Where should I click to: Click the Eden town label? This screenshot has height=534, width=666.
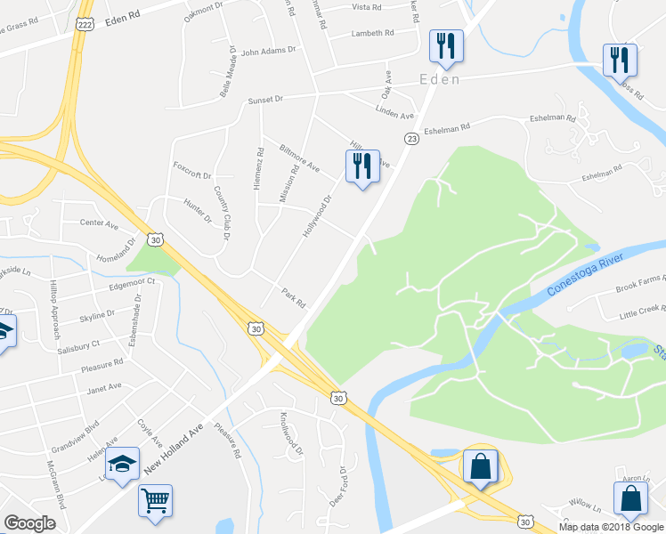pyautogui.click(x=440, y=80)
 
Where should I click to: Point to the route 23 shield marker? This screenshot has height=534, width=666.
pyautogui.click(x=411, y=138)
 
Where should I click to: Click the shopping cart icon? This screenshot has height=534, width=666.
pyautogui.click(x=155, y=500)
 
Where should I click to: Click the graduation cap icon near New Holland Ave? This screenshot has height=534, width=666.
pyautogui.click(x=121, y=463)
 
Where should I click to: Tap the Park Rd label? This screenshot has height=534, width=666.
pyautogui.click(x=293, y=297)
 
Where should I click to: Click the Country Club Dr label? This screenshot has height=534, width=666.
pyautogui.click(x=220, y=214)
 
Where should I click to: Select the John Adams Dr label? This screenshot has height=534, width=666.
pyautogui.click(x=267, y=52)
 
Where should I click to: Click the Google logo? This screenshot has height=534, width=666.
pyautogui.click(x=29, y=523)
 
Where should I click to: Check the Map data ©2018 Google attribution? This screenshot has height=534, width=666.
pyautogui.click(x=610, y=527)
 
